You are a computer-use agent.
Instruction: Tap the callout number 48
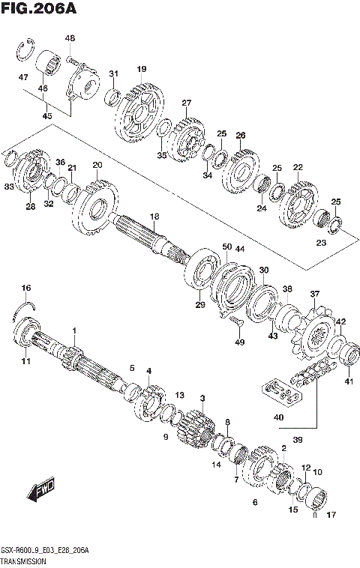click(70, 38)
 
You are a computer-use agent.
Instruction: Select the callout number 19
click(141, 70)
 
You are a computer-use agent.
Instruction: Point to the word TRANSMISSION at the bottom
click(24, 561)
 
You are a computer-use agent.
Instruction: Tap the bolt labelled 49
click(236, 321)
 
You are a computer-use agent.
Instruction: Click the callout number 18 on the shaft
click(154, 217)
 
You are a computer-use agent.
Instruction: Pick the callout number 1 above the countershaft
click(74, 330)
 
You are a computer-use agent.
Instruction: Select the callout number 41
click(347, 381)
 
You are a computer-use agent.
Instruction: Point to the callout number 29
click(200, 304)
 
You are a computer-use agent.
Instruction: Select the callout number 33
click(8, 187)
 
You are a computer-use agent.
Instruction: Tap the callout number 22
click(298, 167)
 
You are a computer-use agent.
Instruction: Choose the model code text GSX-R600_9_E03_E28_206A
click(45, 551)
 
